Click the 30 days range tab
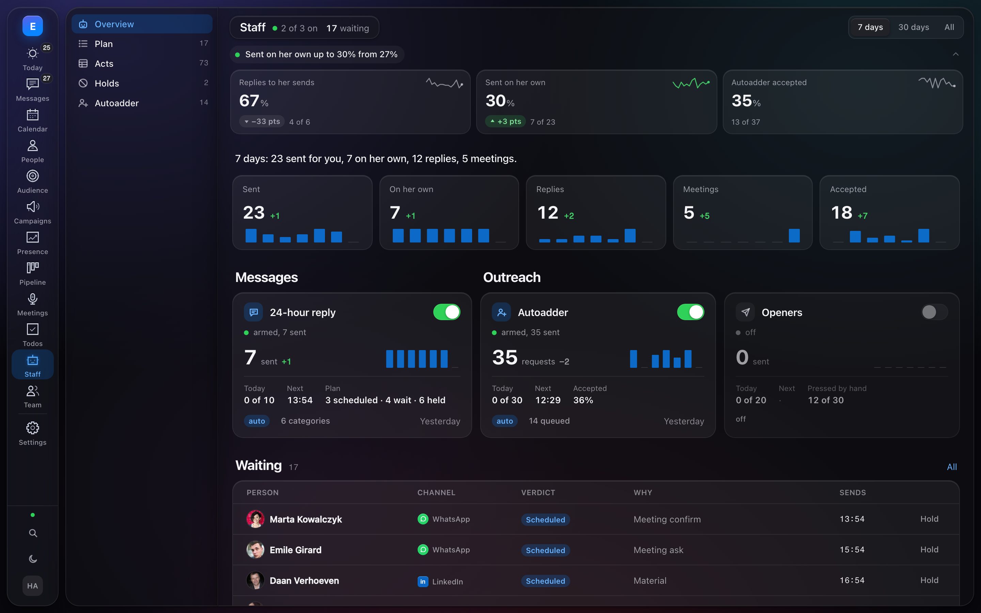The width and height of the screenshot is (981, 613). coord(913,27)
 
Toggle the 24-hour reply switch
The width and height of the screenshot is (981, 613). coord(447,312)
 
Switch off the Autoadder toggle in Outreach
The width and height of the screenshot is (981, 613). coord(691,312)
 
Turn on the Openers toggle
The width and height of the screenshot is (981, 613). coord(934,312)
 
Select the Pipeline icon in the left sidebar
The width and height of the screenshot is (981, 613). coord(32,268)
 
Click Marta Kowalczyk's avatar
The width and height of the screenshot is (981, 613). coord(255,519)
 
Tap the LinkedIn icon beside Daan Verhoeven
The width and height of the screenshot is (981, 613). coord(423,581)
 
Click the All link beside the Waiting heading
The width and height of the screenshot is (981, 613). coord(952,467)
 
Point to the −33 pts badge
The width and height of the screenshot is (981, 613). coord(262,121)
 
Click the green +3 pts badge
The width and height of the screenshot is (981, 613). coord(505,121)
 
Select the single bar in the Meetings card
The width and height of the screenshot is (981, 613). coord(794,236)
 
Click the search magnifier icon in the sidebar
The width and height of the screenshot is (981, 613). coord(33,533)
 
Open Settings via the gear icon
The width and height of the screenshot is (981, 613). coord(32,428)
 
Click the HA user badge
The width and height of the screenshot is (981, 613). coord(32,586)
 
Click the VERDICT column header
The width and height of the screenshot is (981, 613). coord(538,492)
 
